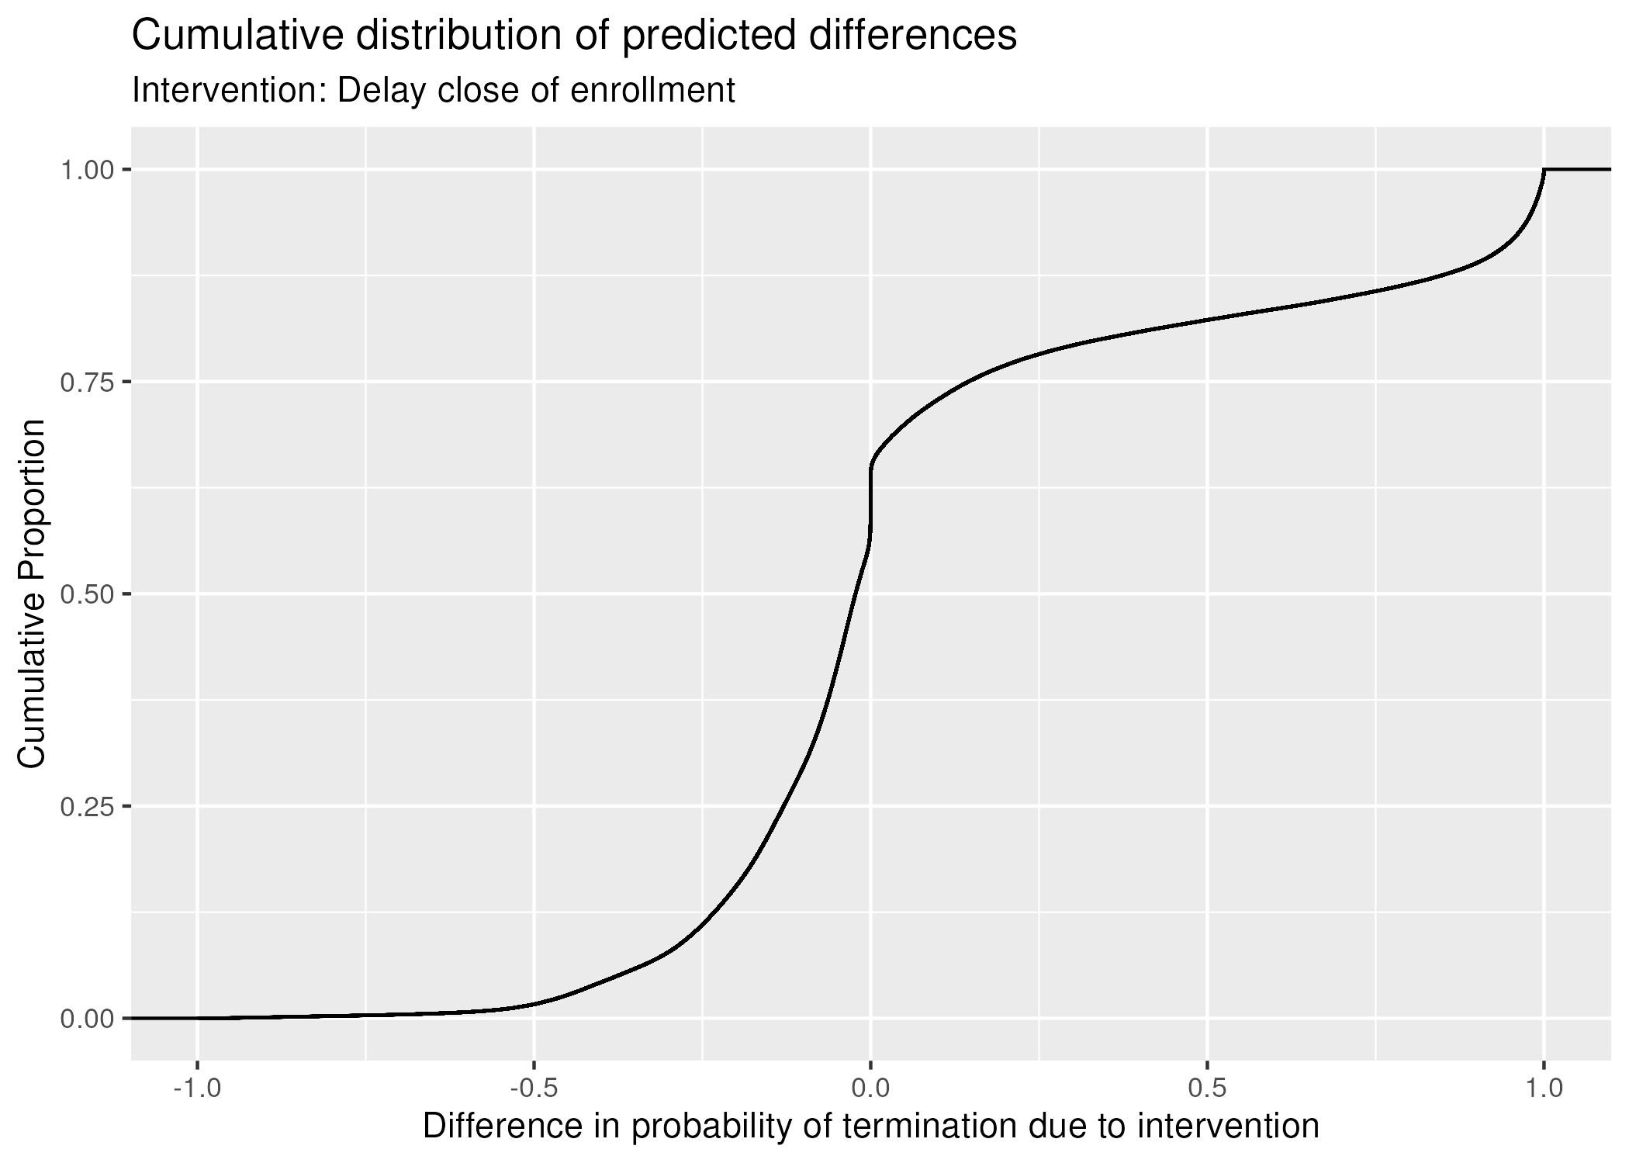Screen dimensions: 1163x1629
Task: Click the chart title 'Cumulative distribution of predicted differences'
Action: point(574,36)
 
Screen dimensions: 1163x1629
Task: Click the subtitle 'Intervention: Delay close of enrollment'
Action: point(434,91)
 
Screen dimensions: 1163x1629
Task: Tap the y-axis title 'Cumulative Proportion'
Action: point(32,594)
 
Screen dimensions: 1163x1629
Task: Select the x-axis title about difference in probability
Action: point(870,1126)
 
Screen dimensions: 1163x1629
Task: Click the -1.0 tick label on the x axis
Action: point(197,1088)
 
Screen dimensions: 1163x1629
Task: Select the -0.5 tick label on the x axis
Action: point(533,1088)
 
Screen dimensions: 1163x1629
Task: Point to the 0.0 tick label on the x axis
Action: point(870,1088)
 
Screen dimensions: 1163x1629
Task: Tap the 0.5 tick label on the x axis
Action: point(1207,1088)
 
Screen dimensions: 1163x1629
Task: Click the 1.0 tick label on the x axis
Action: point(1544,1088)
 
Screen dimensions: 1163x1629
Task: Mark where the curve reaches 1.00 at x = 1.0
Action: point(1544,170)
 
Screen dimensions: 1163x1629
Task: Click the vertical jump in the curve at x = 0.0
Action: point(871,500)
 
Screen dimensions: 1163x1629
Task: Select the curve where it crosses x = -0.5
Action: point(534,1004)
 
